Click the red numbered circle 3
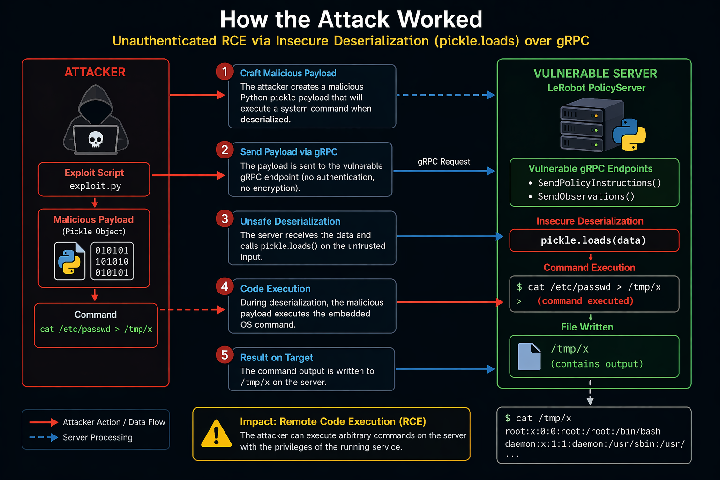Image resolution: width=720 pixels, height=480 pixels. point(225,219)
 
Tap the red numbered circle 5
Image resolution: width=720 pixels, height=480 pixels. point(225,355)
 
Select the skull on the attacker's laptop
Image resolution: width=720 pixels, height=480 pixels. point(96,139)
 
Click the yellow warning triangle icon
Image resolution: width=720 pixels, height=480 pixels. point(216,434)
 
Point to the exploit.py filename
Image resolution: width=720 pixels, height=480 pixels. point(95,186)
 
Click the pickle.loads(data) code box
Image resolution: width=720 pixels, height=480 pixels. point(593,240)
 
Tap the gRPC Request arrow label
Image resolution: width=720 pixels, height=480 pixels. point(443,162)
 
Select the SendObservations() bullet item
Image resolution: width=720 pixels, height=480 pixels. point(585,196)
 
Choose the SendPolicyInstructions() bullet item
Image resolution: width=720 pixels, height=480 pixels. point(599,183)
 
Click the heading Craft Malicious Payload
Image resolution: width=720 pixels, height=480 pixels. point(288,73)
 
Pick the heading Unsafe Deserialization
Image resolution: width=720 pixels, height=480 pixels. point(290,221)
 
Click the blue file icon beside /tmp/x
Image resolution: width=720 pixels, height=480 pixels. point(529,357)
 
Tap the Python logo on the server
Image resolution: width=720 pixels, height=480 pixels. point(629,135)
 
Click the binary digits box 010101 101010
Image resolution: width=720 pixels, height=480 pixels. point(112,261)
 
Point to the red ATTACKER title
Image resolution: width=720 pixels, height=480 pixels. point(95,72)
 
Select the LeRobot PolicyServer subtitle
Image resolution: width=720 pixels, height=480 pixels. point(596,88)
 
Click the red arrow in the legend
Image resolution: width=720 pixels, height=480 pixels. point(44,422)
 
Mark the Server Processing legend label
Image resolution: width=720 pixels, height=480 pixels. point(97,437)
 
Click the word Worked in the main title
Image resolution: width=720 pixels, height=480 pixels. point(440,20)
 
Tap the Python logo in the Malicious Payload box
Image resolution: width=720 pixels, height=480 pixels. point(69,261)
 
